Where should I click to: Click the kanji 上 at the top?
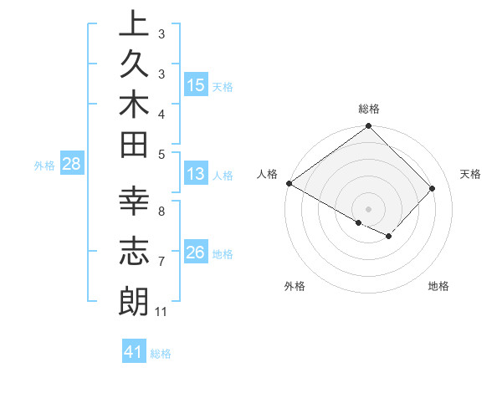tap(133, 26)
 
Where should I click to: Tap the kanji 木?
tap(133, 106)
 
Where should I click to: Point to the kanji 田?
tap(133, 146)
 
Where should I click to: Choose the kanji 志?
tap(133, 252)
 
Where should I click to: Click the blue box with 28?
tap(72, 165)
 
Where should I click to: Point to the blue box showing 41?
tap(134, 353)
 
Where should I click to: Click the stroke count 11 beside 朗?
tap(161, 312)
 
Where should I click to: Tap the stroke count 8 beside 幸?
tap(161, 211)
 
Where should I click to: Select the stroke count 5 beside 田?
tap(161, 153)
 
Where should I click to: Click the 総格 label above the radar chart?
tap(369, 109)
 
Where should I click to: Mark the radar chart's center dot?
tap(369, 209)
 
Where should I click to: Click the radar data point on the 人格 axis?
tap(289, 183)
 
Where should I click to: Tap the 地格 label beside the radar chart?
tap(438, 287)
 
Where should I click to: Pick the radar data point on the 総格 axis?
tap(369, 127)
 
